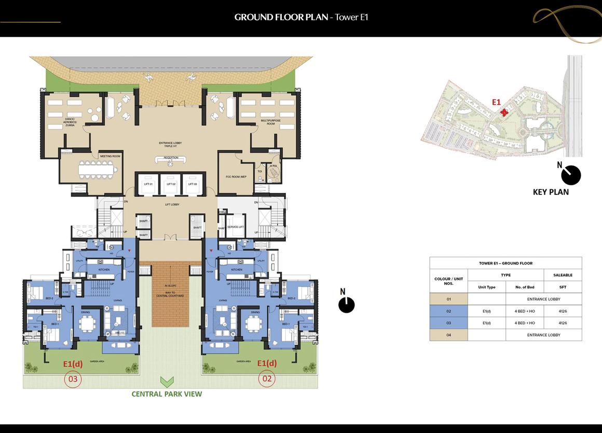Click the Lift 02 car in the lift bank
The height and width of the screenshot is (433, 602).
[170, 184]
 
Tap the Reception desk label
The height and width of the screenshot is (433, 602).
[171, 158]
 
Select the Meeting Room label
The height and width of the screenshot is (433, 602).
[110, 156]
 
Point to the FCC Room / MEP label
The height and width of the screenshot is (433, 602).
[236, 177]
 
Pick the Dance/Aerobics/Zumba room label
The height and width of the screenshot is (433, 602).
[70, 122]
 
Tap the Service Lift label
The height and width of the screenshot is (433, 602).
[236, 227]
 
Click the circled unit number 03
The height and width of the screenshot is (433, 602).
[73, 380]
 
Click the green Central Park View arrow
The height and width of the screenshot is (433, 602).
[167, 383]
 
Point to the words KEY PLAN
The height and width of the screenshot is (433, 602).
[551, 192]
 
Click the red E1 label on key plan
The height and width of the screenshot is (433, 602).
[496, 103]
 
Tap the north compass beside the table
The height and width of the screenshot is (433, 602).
[346, 304]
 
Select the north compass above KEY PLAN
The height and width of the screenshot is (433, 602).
[570, 175]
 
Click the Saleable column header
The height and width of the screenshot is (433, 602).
[563, 275]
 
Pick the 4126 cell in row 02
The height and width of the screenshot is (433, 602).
[563, 311]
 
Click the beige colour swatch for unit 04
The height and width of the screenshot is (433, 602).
[448, 335]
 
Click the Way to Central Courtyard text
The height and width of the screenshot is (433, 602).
[171, 295]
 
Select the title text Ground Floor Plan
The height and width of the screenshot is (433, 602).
[281, 17]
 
